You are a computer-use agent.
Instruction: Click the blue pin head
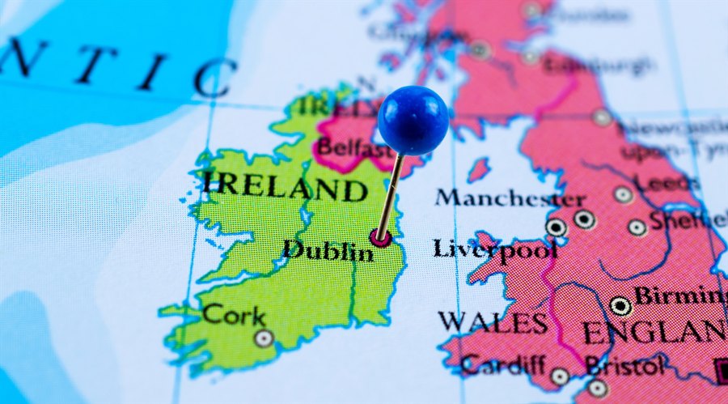pos(413,121)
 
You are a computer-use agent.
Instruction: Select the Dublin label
pos(328,250)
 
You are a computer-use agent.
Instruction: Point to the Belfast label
pos(354,149)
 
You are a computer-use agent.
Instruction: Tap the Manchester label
pos(509,198)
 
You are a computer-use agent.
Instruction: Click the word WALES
pos(493,321)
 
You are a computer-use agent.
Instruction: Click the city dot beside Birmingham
pos(620,306)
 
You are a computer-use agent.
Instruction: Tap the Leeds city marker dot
pos(623,194)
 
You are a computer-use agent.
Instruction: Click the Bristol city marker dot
pos(598,388)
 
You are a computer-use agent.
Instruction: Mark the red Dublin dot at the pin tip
pos(379,237)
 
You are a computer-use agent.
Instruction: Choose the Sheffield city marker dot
pos(637,228)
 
